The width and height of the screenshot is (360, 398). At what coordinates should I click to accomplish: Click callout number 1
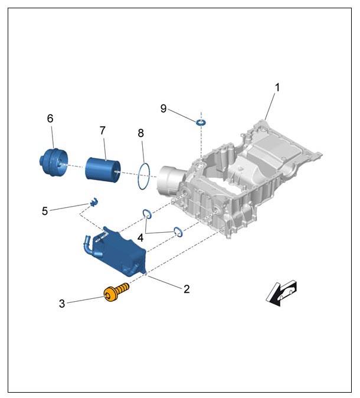pyautogui.click(x=277, y=87)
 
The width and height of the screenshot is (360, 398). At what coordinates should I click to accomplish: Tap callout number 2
pyautogui.click(x=186, y=289)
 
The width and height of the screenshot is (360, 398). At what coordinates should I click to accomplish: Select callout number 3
pyautogui.click(x=62, y=304)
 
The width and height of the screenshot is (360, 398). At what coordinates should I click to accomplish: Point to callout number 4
pyautogui.click(x=140, y=238)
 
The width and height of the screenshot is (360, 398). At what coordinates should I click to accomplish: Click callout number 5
pyautogui.click(x=45, y=211)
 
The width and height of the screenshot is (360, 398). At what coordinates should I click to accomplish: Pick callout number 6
pyautogui.click(x=50, y=118)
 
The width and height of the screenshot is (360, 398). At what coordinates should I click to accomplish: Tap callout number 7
pyautogui.click(x=102, y=131)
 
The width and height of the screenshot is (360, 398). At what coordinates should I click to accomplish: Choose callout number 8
pyautogui.click(x=141, y=133)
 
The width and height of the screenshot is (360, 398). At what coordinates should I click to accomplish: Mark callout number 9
pyautogui.click(x=163, y=109)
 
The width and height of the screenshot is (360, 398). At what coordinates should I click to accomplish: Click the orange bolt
pyautogui.click(x=116, y=292)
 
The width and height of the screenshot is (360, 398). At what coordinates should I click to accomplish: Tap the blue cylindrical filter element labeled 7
pyautogui.click(x=103, y=168)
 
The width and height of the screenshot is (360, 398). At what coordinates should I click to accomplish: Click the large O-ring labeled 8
pyautogui.click(x=139, y=176)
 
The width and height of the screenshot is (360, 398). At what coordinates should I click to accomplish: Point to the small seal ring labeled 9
pyautogui.click(x=201, y=123)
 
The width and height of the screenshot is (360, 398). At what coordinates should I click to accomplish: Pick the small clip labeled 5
pyautogui.click(x=94, y=202)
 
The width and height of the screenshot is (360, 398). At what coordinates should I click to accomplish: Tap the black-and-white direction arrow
pyautogui.click(x=281, y=293)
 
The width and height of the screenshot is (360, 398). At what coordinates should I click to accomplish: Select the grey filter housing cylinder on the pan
pyautogui.click(x=169, y=180)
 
